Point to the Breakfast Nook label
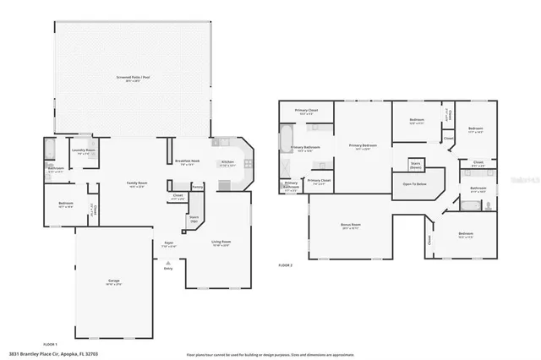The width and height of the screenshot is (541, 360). click(x=187, y=161)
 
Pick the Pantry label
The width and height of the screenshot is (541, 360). click(x=197, y=187)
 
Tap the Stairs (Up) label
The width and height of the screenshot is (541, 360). click(x=193, y=218)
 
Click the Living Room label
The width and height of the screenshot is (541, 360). click(x=221, y=242)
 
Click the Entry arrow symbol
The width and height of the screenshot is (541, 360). click(x=169, y=263)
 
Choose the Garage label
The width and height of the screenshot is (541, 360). click(x=113, y=281)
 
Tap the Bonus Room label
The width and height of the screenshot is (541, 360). click(x=350, y=225)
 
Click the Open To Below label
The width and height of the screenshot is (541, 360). click(x=414, y=183)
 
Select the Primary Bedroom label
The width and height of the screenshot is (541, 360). click(x=363, y=145)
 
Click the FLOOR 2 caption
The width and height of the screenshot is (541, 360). click(x=286, y=265)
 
